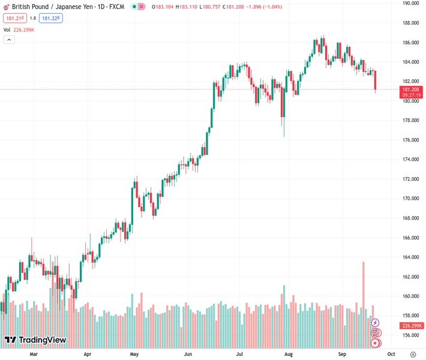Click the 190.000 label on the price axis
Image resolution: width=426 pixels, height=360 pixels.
(411, 3)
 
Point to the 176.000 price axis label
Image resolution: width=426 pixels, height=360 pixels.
(411, 140)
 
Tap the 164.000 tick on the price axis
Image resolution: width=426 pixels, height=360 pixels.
(411, 257)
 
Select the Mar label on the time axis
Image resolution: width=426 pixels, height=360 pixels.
(34, 355)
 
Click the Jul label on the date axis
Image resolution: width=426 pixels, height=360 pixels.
(239, 355)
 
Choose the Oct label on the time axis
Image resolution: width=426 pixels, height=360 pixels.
(391, 355)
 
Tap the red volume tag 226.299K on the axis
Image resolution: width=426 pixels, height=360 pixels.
(412, 326)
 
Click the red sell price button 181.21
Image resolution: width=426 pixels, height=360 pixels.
(14, 18)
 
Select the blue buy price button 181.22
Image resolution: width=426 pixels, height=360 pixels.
(51, 18)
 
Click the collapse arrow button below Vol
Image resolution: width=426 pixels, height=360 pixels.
(9, 40)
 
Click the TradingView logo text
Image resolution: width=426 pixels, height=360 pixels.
(42, 340)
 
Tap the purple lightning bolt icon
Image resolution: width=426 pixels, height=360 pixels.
(376, 323)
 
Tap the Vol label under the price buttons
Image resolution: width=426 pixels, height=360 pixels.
(7, 29)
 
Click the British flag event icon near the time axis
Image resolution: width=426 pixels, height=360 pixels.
(376, 332)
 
